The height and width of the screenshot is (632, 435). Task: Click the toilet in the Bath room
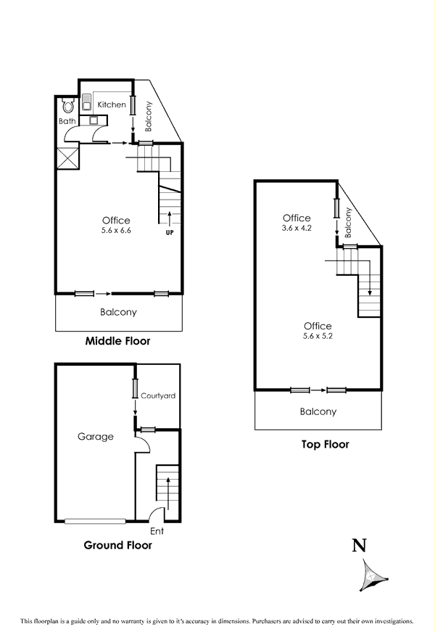point(68,106)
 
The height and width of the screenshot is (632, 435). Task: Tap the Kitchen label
point(112,105)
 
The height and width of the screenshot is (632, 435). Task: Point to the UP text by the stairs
point(170,233)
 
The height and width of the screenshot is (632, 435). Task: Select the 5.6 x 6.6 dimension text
point(116,231)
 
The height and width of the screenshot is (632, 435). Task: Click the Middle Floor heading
point(117,340)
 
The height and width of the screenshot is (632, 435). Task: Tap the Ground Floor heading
point(118,545)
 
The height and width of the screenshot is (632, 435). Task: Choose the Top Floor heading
point(325,444)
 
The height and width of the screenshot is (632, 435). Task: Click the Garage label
point(96,437)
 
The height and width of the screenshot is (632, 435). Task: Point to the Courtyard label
point(158,396)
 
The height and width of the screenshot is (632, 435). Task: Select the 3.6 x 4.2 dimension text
point(297,228)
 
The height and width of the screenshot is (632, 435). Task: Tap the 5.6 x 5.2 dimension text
point(318,337)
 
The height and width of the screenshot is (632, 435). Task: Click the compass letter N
point(358,546)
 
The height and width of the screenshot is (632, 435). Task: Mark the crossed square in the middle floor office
point(67,158)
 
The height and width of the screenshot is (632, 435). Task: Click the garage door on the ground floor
point(96,520)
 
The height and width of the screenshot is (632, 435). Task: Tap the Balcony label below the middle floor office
point(117,313)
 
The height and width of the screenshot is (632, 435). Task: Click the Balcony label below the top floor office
point(318,411)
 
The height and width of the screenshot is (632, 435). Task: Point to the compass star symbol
point(372,575)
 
